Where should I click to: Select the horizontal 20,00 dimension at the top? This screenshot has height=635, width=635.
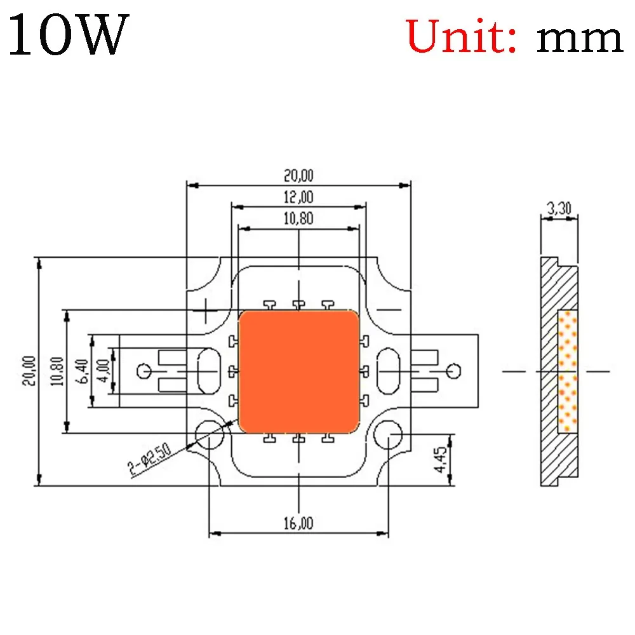point(298,175)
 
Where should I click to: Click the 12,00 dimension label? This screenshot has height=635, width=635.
point(298,197)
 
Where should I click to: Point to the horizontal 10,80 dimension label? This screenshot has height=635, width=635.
point(298,218)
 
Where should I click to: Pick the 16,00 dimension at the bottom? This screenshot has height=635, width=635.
point(298,523)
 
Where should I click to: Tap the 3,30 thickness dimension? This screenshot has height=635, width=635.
point(559,208)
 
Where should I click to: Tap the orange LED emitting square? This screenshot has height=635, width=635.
point(298,371)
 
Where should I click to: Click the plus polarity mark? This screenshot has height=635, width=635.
point(208,309)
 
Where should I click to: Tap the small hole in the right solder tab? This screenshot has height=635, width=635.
point(453,371)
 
